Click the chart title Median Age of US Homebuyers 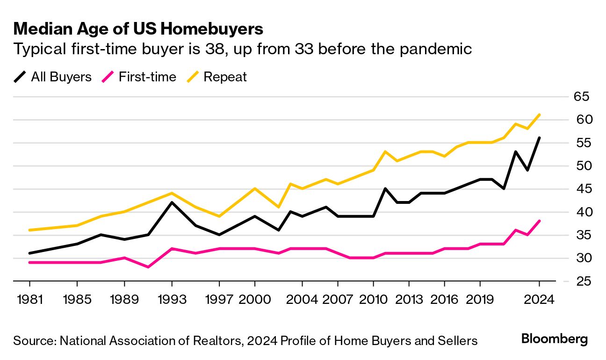coord(138,29)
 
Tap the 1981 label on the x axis coord(30,299)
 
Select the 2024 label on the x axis coord(539,299)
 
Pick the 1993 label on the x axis coord(172,299)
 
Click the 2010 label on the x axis coord(373,299)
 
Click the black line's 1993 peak coord(172,202)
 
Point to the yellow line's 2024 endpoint coord(539,115)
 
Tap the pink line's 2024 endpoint coord(539,221)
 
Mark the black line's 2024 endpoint coord(539,138)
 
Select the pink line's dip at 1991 coord(148,267)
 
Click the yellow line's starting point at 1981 coord(30,230)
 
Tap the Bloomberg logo coord(554,339)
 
